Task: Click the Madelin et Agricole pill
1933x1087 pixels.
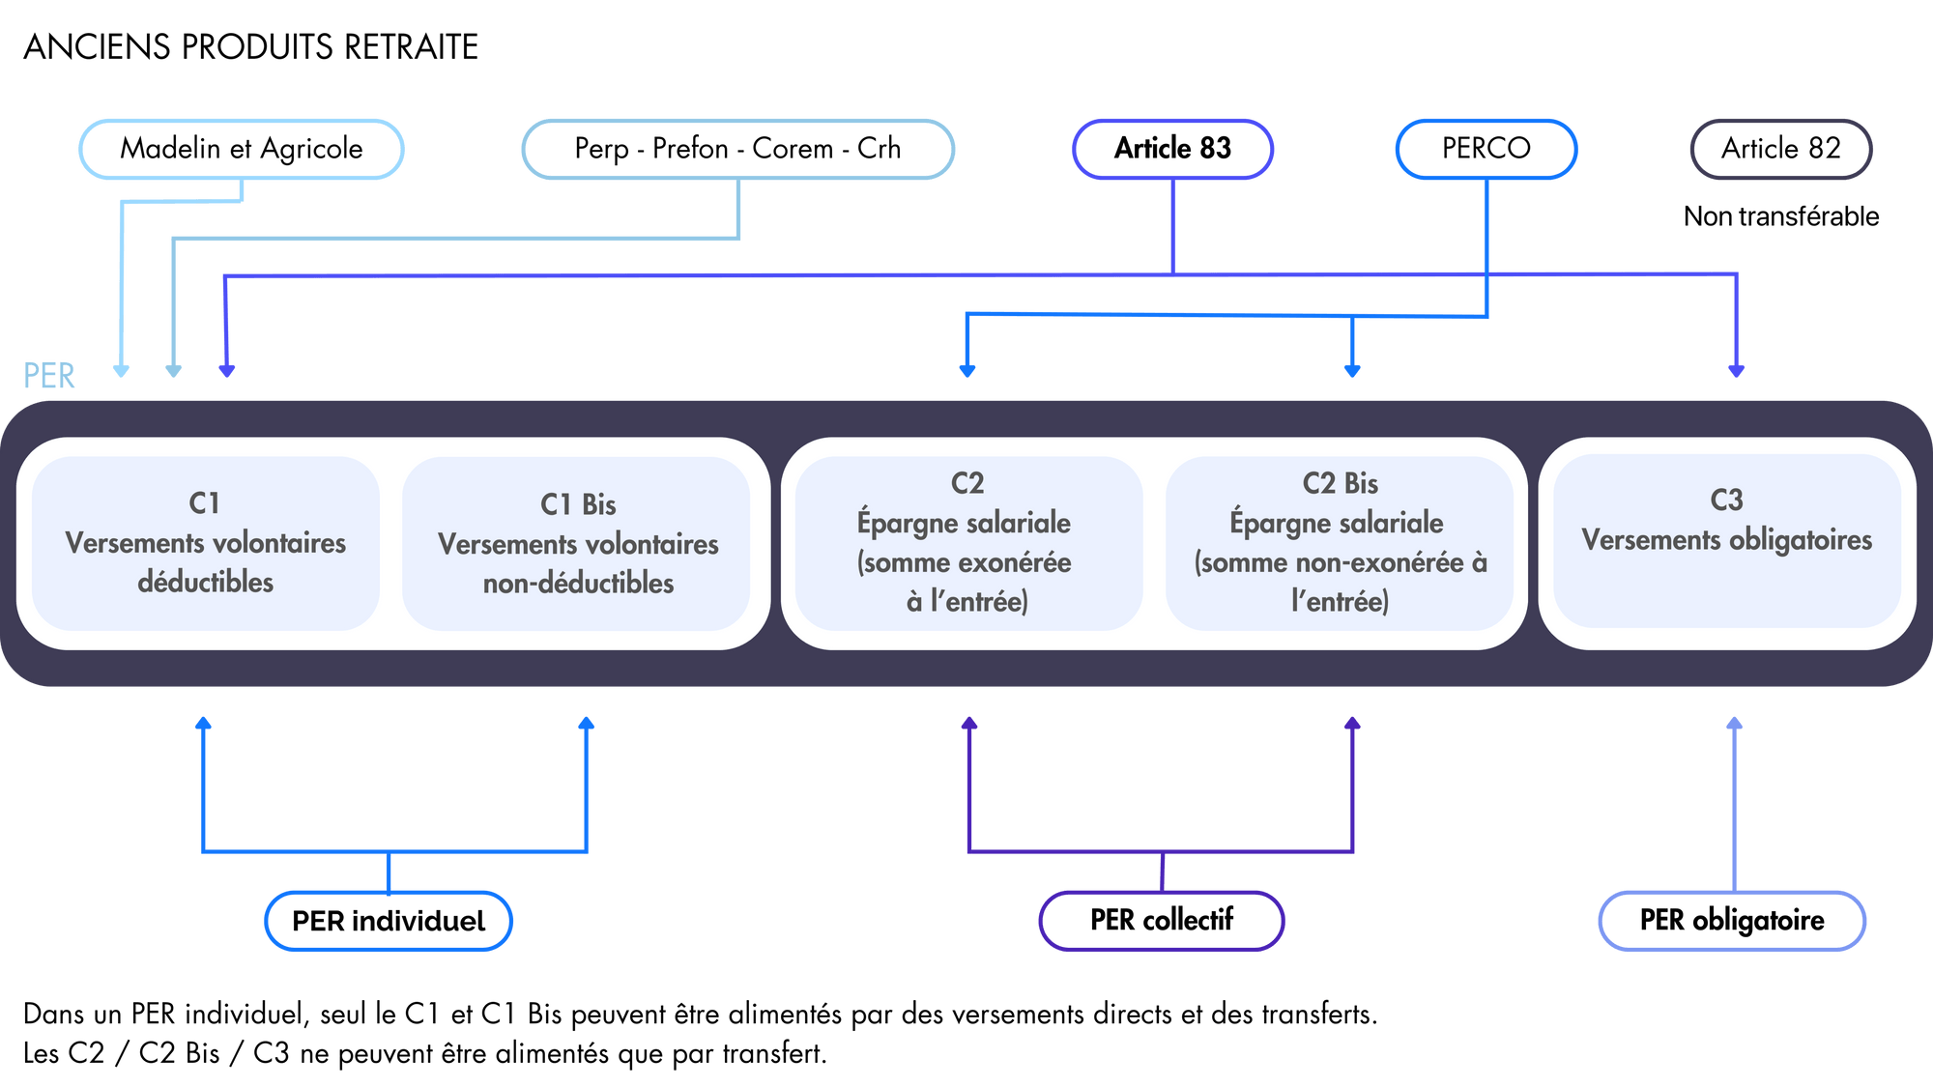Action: coord(241,149)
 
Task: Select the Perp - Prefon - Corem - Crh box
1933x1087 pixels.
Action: coord(737,149)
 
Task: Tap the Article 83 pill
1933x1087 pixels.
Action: coord(1172,149)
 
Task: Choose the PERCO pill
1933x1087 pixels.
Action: coord(1486,149)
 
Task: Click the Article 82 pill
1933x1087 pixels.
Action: coord(1780,149)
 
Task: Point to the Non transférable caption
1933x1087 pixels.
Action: coord(1780,216)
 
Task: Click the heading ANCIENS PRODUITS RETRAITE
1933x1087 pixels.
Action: coord(251,46)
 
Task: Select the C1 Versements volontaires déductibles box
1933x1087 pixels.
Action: coord(205,543)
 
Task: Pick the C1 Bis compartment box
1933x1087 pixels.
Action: coord(577,543)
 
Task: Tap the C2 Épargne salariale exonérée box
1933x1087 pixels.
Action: coord(966,543)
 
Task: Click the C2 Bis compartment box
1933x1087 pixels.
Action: coord(1340,543)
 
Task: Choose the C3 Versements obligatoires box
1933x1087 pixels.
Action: coord(1726,541)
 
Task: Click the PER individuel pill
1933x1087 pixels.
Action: coord(389,921)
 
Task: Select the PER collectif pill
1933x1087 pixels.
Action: coord(1161,921)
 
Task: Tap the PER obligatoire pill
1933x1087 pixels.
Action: coord(1731,921)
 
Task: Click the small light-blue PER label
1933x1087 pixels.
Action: coord(48,376)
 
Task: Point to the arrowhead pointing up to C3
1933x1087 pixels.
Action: coord(1735,724)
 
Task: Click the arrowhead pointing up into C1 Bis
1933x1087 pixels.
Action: coord(586,724)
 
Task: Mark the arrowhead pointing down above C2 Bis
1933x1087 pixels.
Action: coord(1352,371)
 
